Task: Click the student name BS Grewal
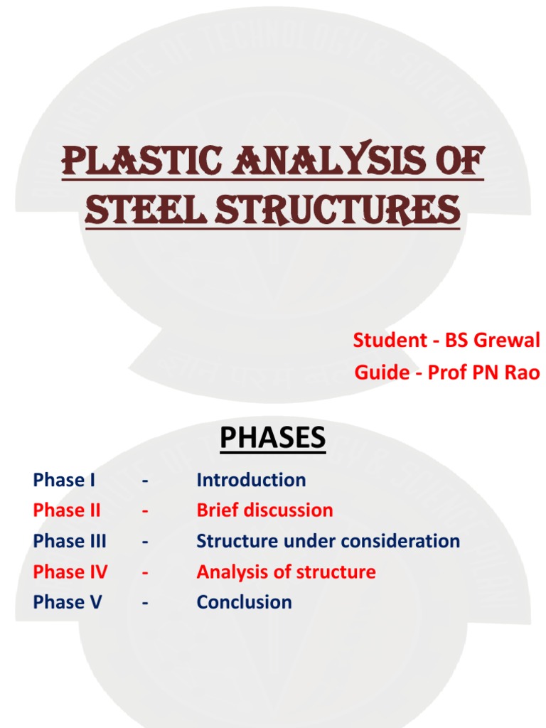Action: point(493,341)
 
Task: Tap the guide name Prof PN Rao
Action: point(483,373)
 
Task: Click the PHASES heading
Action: point(272,438)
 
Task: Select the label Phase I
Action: point(64,480)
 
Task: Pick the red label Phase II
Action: point(67,510)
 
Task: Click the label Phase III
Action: point(70,541)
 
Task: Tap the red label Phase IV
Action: point(70,572)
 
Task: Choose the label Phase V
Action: point(68,602)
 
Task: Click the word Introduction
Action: point(251,480)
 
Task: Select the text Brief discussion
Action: point(264,510)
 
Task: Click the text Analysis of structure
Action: point(286,572)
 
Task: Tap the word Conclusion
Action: point(244,602)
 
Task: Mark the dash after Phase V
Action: point(145,603)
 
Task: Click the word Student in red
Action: point(388,341)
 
